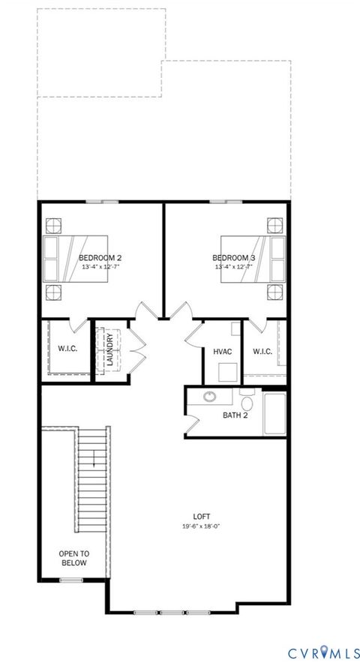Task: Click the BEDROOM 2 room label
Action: pos(100,259)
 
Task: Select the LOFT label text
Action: pos(201,516)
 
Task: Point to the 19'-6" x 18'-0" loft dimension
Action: pos(201,526)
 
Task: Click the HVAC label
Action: pos(222,351)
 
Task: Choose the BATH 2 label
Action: pos(235,415)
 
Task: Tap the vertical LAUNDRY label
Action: pos(110,350)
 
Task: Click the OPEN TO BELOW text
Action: pos(73,558)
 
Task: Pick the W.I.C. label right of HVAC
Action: pos(262,351)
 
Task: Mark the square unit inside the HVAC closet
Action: pos(228,371)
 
